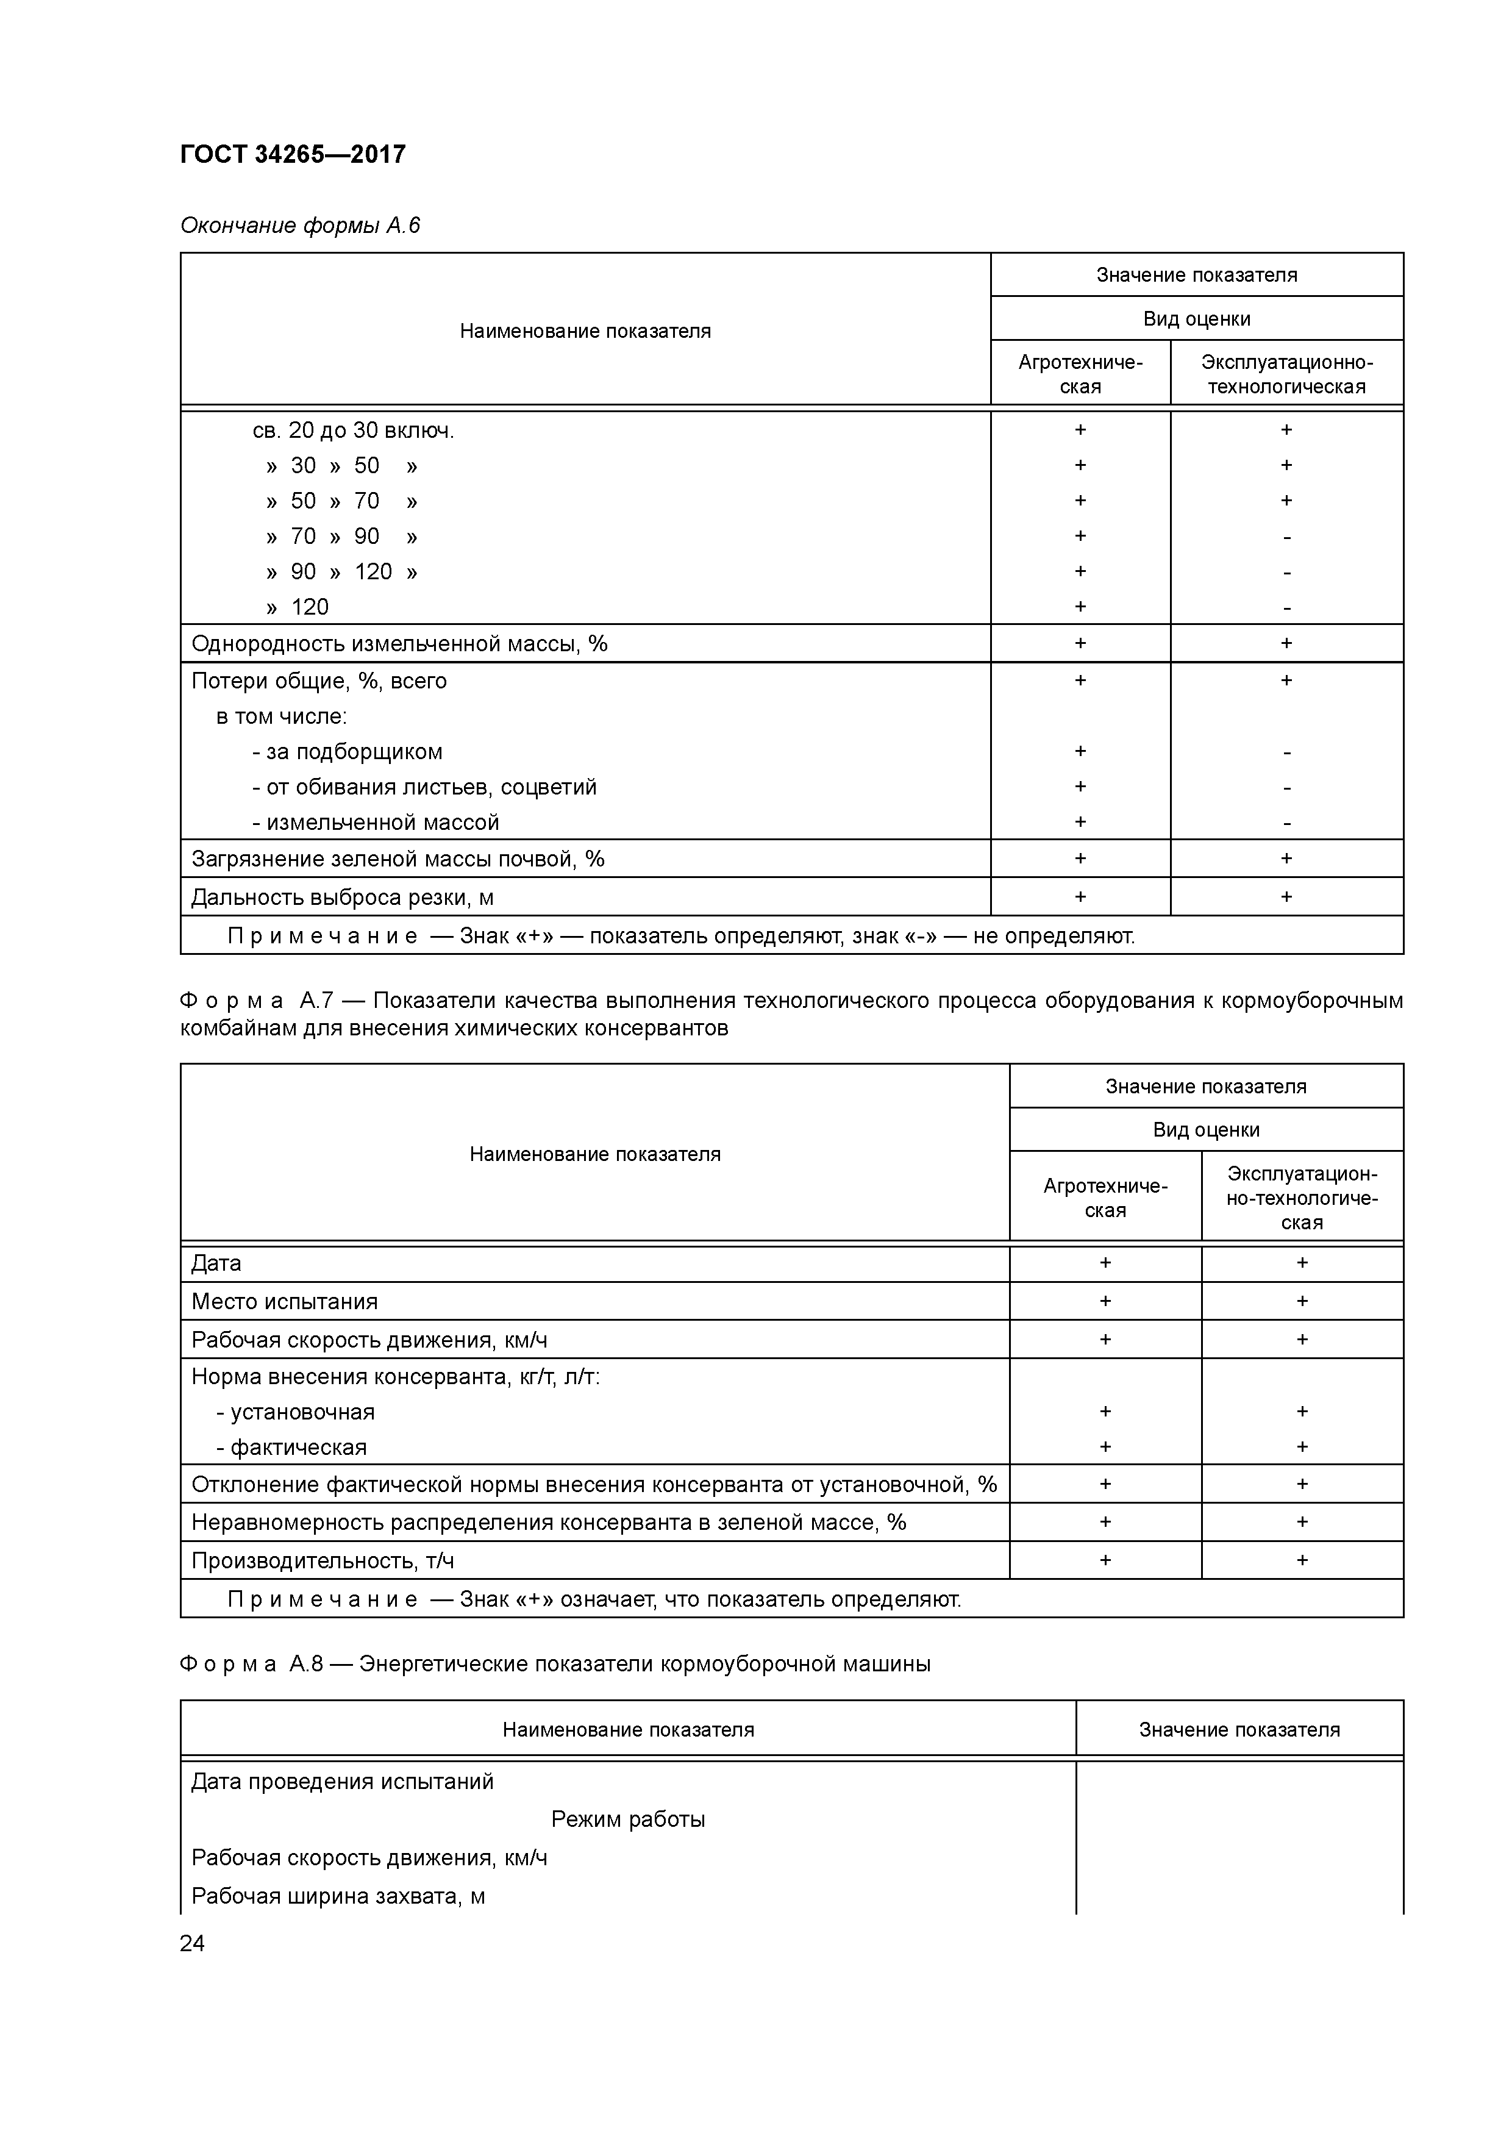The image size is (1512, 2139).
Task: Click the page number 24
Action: [x=192, y=1943]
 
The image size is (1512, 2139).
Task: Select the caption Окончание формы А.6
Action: [x=300, y=226]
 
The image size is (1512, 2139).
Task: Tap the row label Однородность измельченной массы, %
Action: [x=399, y=644]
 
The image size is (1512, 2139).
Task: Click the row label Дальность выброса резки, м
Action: [x=342, y=897]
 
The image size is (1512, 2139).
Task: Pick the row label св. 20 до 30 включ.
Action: [x=353, y=430]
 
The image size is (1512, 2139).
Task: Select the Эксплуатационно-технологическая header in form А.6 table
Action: [x=1286, y=374]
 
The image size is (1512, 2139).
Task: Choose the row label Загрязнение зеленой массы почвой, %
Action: [x=398, y=859]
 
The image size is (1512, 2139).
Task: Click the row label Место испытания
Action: [x=284, y=1301]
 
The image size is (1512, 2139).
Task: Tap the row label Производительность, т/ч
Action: [x=323, y=1560]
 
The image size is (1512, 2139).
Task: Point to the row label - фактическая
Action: [x=293, y=1448]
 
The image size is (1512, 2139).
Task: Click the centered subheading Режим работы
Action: [x=628, y=1819]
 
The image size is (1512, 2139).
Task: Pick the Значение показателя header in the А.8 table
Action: [x=1238, y=1730]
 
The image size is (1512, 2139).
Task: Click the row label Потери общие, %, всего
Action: [x=319, y=681]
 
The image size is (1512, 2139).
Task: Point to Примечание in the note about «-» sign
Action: [x=323, y=937]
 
